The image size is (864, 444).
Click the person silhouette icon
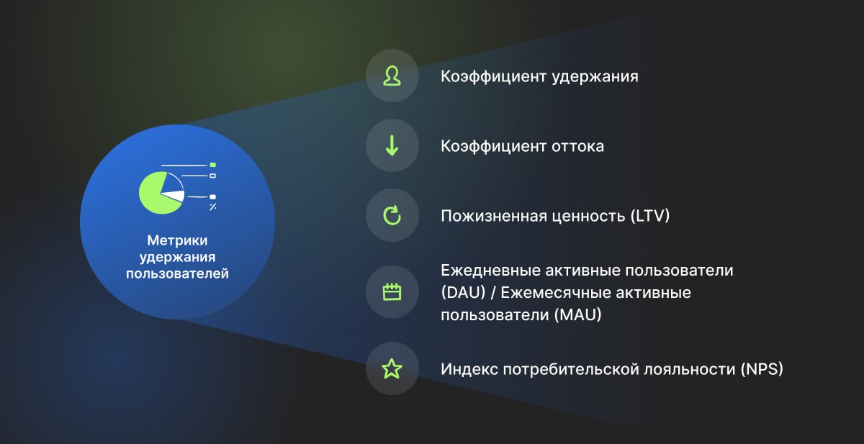point(392,76)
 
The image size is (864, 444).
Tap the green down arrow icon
point(392,145)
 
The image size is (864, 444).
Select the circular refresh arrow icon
point(392,215)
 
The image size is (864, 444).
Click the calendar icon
point(392,291)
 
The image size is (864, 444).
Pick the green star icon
point(392,368)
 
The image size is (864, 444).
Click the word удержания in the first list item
point(595,77)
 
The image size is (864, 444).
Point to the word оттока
point(577,147)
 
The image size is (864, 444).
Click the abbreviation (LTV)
point(650,216)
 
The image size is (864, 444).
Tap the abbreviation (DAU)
point(463,293)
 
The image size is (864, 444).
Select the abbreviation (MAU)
point(577,315)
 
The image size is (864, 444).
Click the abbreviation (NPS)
point(762,369)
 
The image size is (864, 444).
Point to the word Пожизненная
point(494,216)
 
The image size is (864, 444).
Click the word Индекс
point(469,369)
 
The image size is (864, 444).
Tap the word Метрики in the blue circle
point(177,240)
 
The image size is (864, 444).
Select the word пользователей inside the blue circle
point(177,273)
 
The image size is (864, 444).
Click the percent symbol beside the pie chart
point(213,207)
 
